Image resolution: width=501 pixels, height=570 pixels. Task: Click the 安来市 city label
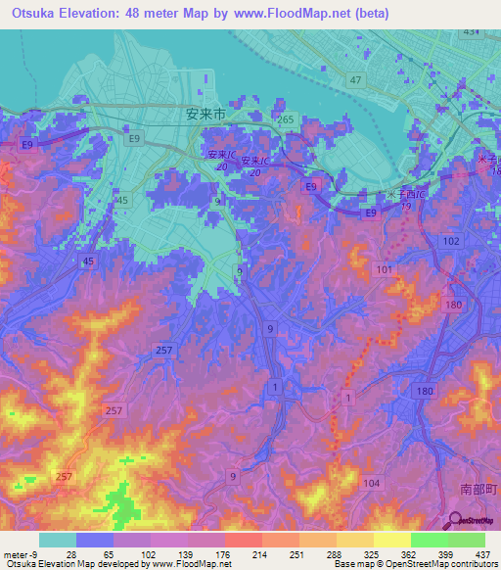pos(205,114)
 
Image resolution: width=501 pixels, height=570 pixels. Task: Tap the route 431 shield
pos(472,32)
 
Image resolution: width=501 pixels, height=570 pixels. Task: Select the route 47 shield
pos(355,79)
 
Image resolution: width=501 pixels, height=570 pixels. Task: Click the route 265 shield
pos(285,119)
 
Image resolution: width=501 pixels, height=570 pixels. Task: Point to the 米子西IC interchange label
pos(411,196)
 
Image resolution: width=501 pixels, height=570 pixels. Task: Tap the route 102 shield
pos(451,240)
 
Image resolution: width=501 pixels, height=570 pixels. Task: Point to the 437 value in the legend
pos(483,554)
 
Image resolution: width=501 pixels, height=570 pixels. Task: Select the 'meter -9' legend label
pos(22,554)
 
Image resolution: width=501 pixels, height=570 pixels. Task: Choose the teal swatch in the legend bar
pos(57,540)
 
